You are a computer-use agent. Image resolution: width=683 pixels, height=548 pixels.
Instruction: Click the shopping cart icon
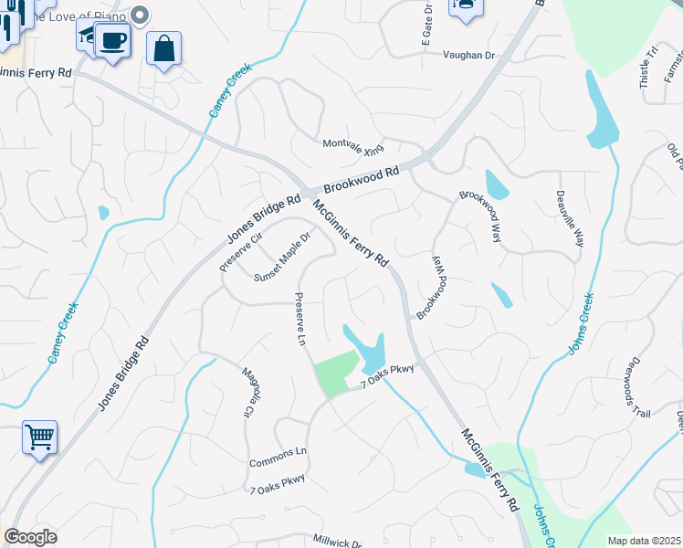39,437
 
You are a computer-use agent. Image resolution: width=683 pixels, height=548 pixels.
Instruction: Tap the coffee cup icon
112,41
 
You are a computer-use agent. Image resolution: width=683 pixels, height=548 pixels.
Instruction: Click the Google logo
30,537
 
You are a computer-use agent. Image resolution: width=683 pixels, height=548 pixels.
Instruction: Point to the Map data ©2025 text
644,541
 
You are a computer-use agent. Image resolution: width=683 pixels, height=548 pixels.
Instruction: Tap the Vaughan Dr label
468,56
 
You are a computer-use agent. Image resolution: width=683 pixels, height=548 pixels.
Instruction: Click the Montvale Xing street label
353,146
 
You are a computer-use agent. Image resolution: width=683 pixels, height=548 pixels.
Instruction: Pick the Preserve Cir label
240,252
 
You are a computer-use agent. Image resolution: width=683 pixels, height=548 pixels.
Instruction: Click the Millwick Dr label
338,542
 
